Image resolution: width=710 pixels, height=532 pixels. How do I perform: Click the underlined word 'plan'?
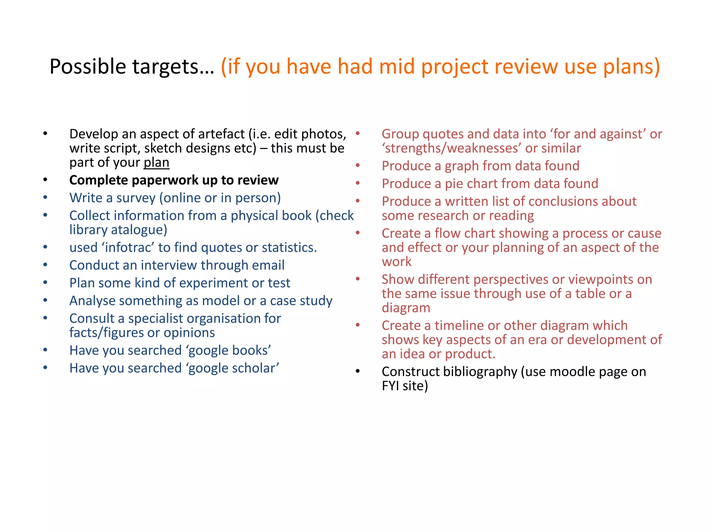156,162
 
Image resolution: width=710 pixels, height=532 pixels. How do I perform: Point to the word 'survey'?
136,198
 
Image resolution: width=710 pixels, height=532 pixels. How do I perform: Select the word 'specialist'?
155,318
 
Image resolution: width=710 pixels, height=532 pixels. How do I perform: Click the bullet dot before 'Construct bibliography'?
358,372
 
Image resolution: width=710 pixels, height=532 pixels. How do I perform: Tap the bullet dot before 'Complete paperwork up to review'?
45,180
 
